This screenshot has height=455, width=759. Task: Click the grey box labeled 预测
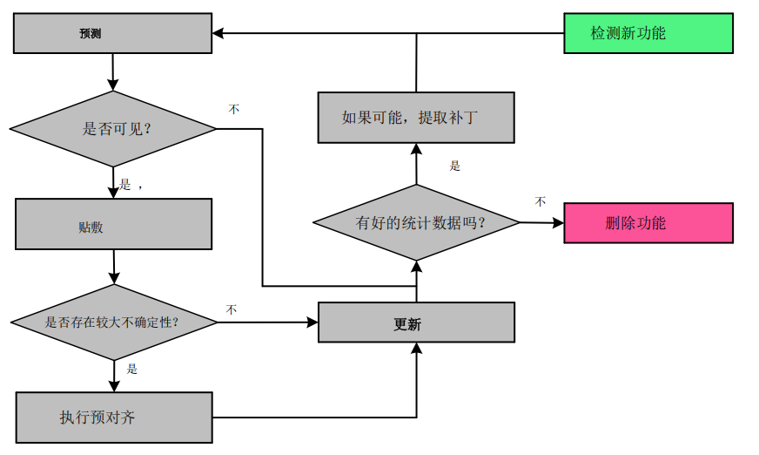coord(112,33)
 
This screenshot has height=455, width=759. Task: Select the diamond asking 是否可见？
coord(113,129)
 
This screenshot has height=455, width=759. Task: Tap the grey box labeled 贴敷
coord(113,224)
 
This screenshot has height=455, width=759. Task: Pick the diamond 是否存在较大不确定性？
coord(113,322)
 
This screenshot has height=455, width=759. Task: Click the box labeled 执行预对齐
coord(114,418)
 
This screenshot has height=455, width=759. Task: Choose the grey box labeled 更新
coord(416,323)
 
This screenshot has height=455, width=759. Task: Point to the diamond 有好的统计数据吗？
coord(416,222)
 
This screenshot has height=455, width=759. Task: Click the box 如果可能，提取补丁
coord(416,118)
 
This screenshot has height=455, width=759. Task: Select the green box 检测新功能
coord(648,33)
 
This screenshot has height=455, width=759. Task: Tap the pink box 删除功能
coord(648,222)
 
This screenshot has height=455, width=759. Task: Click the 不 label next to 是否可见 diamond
coord(234,110)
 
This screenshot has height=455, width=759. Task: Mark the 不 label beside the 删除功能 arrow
coord(540,202)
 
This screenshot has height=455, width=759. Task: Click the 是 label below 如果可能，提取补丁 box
coord(454,166)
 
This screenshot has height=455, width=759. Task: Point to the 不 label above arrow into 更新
coord(232,309)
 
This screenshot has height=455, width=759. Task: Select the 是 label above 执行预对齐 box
coord(132,369)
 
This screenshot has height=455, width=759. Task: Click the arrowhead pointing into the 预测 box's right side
coord(218,33)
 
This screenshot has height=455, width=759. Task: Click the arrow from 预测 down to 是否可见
coord(113,72)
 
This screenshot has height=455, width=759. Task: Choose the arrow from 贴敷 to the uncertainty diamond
coord(114,267)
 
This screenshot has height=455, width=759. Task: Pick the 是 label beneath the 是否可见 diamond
coord(125,185)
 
